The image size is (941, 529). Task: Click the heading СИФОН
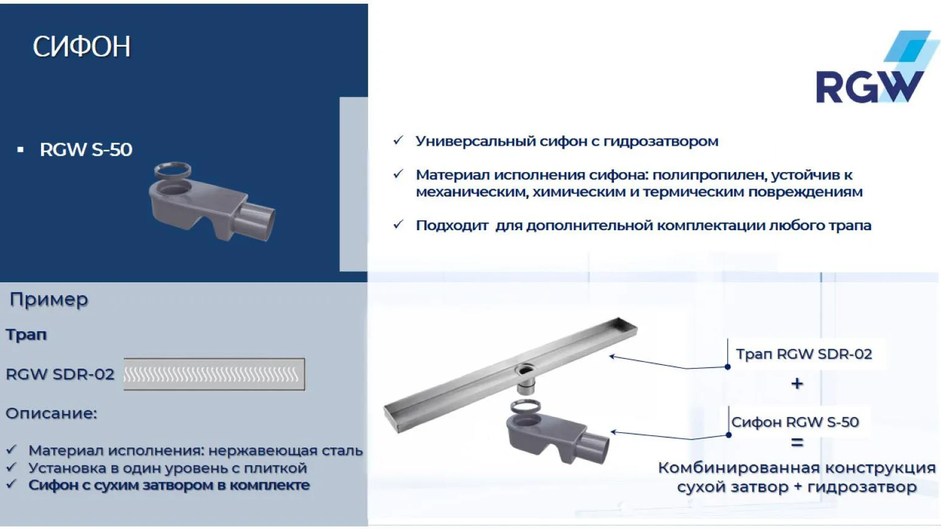click(81, 47)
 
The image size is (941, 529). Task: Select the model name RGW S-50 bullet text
click(86, 149)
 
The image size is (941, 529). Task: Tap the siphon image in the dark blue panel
click(211, 204)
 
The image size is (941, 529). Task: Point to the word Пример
click(49, 299)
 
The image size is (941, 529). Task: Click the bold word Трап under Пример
click(26, 334)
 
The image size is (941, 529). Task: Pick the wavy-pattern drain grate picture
click(214, 374)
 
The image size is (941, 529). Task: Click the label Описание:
click(51, 413)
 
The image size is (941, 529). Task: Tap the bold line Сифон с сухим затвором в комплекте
click(169, 485)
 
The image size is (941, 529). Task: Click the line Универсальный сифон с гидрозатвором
click(567, 141)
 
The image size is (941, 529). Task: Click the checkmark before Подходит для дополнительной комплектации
click(398, 225)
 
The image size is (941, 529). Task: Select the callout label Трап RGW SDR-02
click(804, 354)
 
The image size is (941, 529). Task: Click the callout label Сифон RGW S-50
click(795, 422)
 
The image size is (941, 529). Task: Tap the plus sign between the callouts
click(797, 384)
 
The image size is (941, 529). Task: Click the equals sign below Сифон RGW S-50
click(797, 442)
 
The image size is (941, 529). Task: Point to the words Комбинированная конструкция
click(796, 468)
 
